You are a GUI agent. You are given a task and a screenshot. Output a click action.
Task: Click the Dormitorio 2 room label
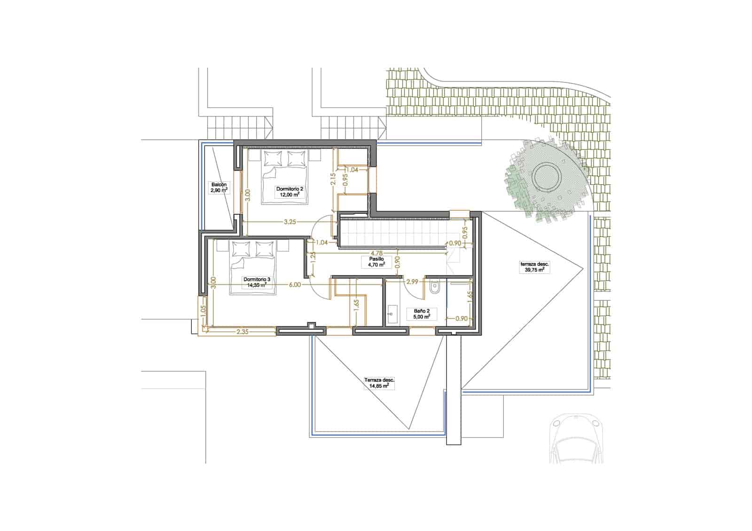tap(290, 191)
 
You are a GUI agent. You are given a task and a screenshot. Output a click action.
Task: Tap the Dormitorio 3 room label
tap(257, 281)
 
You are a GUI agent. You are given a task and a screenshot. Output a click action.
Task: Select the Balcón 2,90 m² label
tap(219, 188)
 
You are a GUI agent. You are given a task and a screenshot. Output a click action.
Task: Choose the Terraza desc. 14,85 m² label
tap(379, 383)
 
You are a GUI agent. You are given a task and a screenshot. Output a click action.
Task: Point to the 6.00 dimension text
tap(295, 285)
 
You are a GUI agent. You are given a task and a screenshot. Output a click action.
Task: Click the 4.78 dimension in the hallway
tap(376, 253)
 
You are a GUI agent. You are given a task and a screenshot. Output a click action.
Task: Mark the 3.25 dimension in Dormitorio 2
tap(290, 223)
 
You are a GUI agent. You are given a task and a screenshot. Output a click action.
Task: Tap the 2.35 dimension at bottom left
tap(243, 332)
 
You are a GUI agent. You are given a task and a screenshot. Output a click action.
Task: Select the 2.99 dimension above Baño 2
tap(412, 282)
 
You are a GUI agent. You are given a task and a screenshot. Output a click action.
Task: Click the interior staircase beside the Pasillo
tap(395, 234)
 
